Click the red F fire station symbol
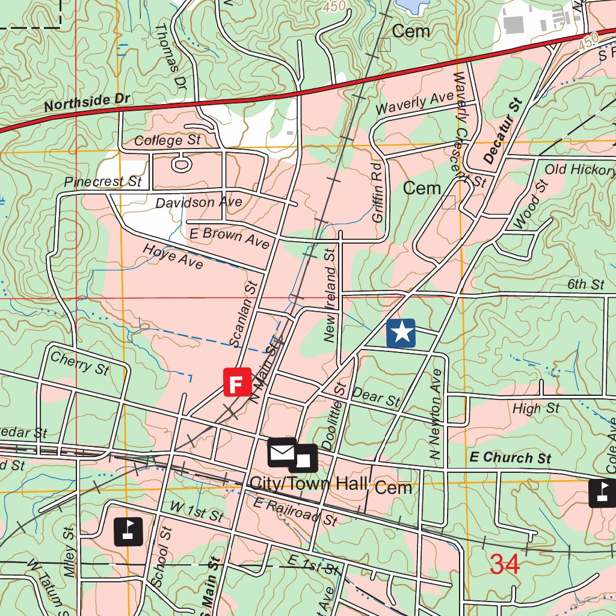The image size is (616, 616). (x=237, y=382)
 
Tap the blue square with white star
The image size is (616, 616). (x=401, y=333)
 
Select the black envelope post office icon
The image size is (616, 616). (x=282, y=453)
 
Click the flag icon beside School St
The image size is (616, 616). (x=129, y=531)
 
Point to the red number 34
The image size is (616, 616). (x=504, y=564)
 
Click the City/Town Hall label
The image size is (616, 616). (x=307, y=484)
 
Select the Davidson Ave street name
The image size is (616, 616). (x=199, y=203)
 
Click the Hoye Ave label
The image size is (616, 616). (x=172, y=256)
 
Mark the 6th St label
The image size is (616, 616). (x=585, y=284)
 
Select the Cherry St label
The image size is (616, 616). (x=79, y=363)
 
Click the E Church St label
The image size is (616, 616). (x=510, y=458)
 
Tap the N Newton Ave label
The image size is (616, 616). (x=437, y=415)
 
